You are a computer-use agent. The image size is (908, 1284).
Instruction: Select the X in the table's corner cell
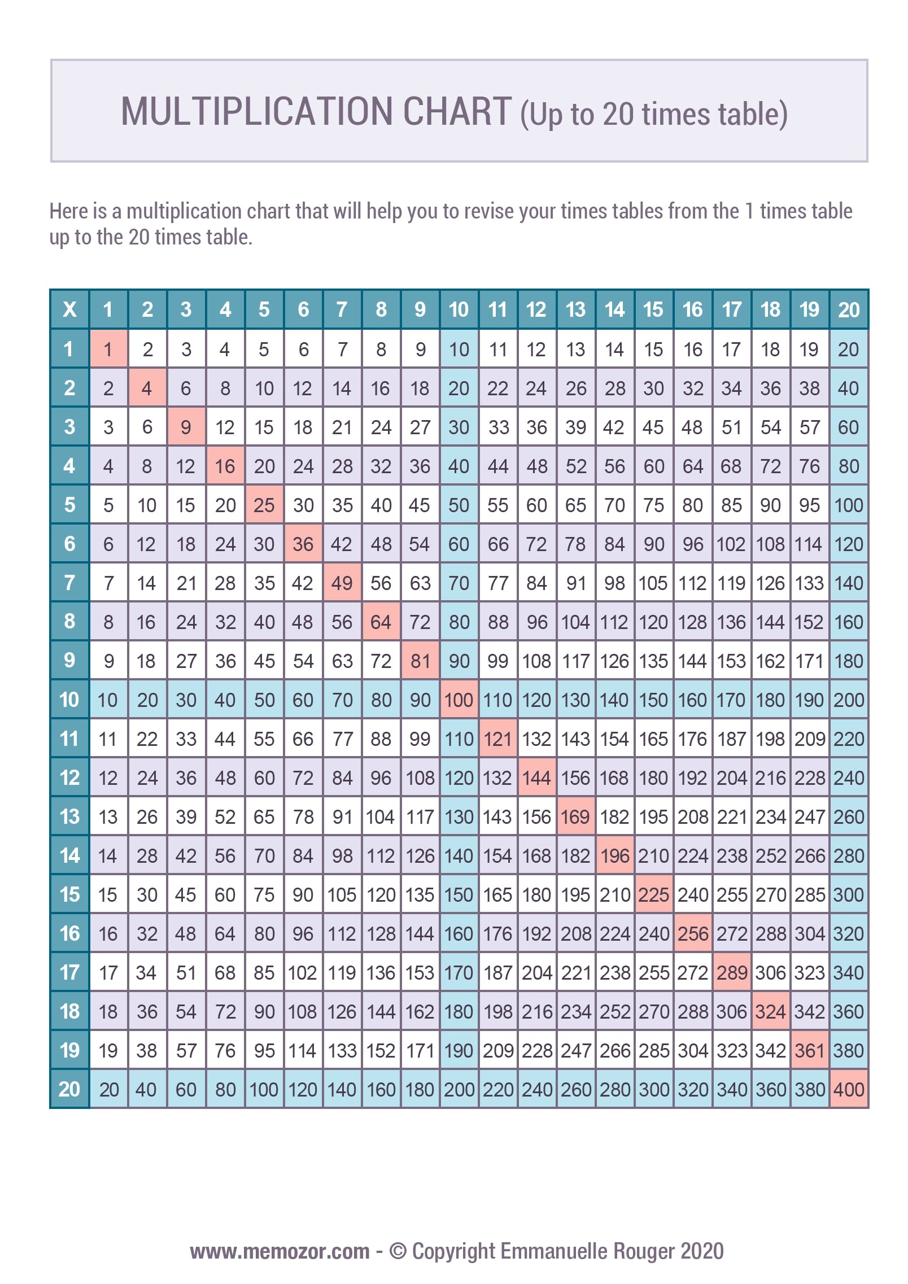click(69, 309)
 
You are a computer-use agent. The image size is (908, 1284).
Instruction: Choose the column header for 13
click(575, 309)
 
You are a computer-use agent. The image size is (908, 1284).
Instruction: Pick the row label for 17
click(69, 972)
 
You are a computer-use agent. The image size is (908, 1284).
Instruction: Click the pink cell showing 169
click(575, 816)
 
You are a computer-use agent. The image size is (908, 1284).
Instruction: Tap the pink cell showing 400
click(849, 1089)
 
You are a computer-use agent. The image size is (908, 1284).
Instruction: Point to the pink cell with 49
click(342, 583)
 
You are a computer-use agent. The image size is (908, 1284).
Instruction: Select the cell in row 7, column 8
click(381, 583)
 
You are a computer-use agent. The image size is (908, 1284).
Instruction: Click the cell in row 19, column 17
click(731, 1050)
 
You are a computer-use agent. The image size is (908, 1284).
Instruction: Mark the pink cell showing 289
click(731, 972)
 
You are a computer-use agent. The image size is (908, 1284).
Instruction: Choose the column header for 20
click(849, 309)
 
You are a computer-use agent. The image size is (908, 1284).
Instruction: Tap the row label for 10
click(69, 700)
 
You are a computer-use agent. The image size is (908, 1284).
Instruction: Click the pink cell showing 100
click(459, 700)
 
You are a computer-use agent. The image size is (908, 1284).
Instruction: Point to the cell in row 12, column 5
click(264, 778)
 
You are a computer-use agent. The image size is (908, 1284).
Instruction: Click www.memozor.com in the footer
click(280, 1251)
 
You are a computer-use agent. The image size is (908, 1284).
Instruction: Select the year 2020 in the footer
click(702, 1251)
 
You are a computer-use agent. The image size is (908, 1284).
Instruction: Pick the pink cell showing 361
click(809, 1050)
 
